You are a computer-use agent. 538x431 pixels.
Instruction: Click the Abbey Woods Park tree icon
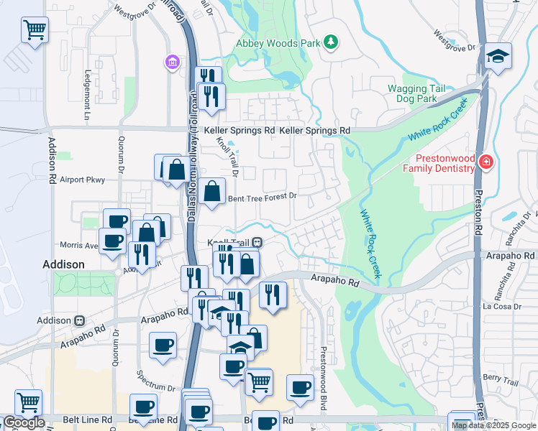point(330,42)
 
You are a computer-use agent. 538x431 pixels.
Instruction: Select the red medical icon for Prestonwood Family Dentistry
point(487,162)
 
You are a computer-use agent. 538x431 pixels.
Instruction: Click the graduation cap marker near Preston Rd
point(497,57)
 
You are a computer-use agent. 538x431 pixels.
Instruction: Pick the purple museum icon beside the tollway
point(172,62)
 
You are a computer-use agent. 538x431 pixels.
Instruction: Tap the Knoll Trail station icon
point(256,243)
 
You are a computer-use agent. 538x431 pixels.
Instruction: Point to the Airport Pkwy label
point(82,180)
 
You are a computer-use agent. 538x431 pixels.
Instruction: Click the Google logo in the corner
point(23,422)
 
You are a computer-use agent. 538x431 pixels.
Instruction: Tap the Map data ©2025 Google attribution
point(493,425)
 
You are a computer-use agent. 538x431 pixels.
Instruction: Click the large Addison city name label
point(63,264)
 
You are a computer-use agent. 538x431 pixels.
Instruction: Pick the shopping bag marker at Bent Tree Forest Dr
point(212,192)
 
